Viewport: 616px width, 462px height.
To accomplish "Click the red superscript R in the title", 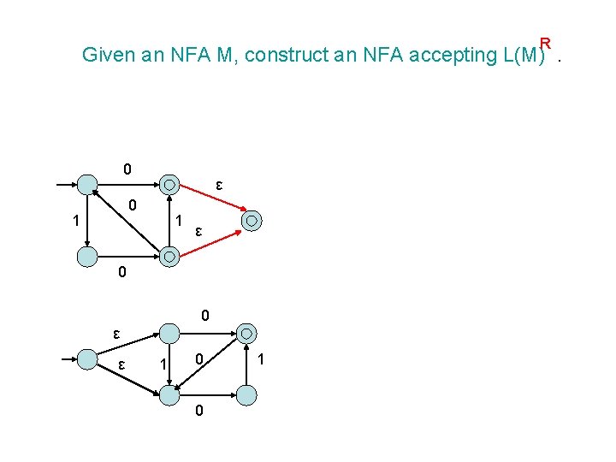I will coord(545,43).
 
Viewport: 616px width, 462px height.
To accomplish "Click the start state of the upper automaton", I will coord(87,184).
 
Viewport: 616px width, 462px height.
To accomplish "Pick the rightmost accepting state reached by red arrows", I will coord(252,220).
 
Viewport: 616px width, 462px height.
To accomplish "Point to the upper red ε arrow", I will coord(210,198).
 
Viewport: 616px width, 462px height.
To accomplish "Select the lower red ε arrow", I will coord(210,239).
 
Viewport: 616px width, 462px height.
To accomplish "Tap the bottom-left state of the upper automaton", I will coord(87,256).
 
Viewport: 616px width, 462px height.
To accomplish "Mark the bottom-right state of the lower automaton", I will coord(246,394).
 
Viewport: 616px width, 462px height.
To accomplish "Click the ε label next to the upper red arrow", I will coord(219,185).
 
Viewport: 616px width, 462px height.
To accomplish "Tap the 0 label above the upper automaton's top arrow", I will coord(127,169).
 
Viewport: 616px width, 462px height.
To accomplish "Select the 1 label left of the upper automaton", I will coord(76,221).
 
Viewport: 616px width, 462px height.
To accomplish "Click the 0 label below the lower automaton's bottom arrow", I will coord(198,412).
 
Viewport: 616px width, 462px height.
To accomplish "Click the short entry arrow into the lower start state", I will coord(64,358).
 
